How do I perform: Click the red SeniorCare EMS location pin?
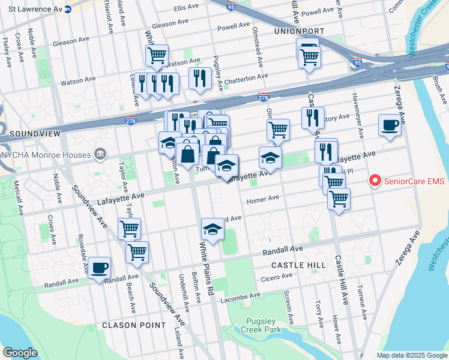point(375,179)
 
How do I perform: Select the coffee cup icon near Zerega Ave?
point(390,125)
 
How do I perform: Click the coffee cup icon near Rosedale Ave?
point(100,267)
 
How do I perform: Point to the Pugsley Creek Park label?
point(261,325)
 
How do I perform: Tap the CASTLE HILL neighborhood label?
point(299,265)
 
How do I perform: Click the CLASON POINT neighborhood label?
point(134,325)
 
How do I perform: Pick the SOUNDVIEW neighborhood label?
point(25,133)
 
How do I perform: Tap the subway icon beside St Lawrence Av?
point(68,9)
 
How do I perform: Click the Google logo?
point(20,352)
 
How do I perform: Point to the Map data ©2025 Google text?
point(411,355)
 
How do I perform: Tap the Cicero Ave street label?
point(277,277)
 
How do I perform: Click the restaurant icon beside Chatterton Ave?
point(199,78)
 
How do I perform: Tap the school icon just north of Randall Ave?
point(212,229)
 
